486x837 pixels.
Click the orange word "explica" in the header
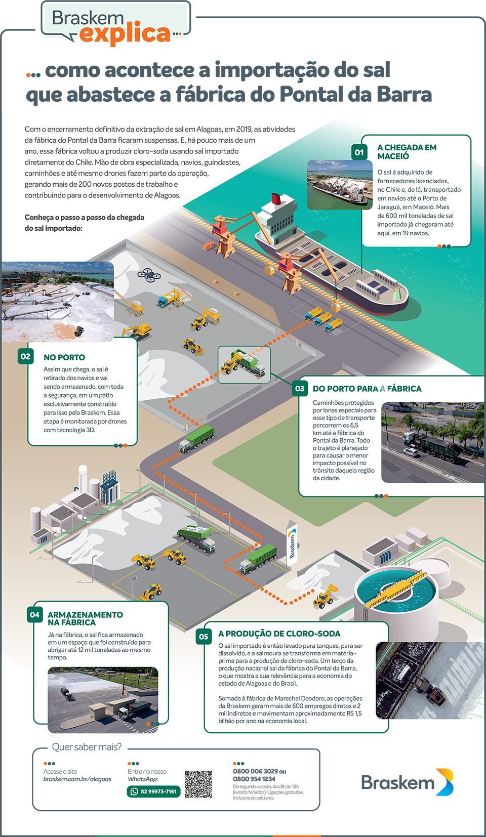125,34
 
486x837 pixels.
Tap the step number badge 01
359,152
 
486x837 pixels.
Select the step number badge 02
25,356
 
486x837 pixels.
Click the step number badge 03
300,388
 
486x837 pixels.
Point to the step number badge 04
34,615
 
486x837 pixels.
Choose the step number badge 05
204,637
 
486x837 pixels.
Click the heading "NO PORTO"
64,357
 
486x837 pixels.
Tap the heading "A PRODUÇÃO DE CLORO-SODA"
279,634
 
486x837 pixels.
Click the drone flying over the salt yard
149,275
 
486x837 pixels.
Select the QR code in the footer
198,784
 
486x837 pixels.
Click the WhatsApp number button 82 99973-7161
154,791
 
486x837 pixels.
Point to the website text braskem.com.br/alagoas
77,779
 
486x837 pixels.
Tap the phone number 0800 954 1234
254,779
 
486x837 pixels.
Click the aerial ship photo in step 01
340,185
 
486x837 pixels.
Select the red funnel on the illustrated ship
276,199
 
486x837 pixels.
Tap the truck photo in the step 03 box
433,442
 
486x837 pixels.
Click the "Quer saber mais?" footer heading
87,747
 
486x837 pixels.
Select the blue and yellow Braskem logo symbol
445,782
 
